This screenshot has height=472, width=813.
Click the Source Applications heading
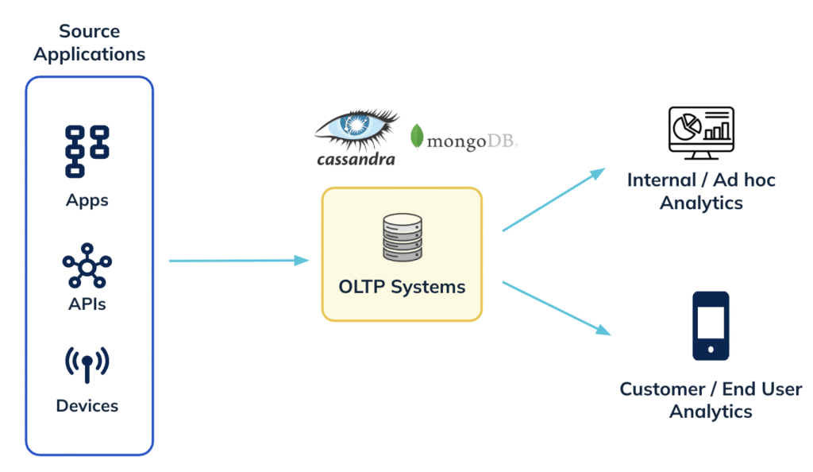point(89,43)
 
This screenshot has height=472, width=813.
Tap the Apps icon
point(87,152)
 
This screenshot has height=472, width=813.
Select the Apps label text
point(87,201)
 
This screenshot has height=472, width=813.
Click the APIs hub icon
point(87,265)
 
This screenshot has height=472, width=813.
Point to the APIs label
point(87,304)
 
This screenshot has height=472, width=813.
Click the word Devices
point(87,405)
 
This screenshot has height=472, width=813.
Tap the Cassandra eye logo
point(356,127)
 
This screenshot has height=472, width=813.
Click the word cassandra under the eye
point(356,159)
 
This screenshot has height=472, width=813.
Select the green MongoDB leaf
point(416,137)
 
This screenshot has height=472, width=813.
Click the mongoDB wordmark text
point(472,141)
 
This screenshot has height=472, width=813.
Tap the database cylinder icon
point(403,237)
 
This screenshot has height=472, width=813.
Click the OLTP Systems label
point(402,287)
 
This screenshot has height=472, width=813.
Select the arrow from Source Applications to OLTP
point(239,261)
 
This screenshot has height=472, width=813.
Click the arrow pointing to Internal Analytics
point(553,199)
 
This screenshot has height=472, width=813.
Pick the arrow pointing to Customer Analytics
point(557,308)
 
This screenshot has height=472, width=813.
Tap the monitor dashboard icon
point(701,133)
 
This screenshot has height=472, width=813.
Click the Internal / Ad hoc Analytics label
point(701,192)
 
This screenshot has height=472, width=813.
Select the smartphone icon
point(711,326)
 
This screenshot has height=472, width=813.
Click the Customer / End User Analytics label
point(711,400)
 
